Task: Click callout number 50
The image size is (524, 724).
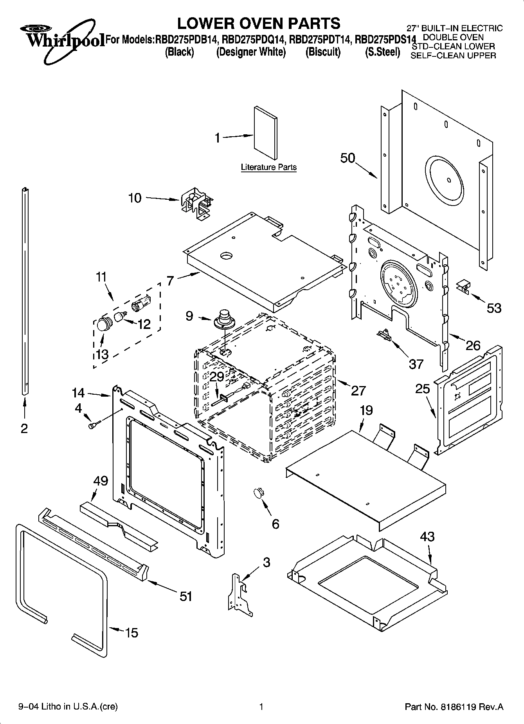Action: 348,158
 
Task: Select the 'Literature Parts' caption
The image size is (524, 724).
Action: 268,167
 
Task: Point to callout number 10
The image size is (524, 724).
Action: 135,198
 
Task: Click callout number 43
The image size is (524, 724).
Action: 427,536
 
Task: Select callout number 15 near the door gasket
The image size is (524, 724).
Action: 131,632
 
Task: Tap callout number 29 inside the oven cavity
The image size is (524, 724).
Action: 217,377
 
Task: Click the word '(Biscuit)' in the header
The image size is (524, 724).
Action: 323,52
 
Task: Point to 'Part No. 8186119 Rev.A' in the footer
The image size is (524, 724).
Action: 454,707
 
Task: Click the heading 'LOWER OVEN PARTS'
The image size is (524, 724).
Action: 259,23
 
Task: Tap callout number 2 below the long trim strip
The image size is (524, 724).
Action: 24,428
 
